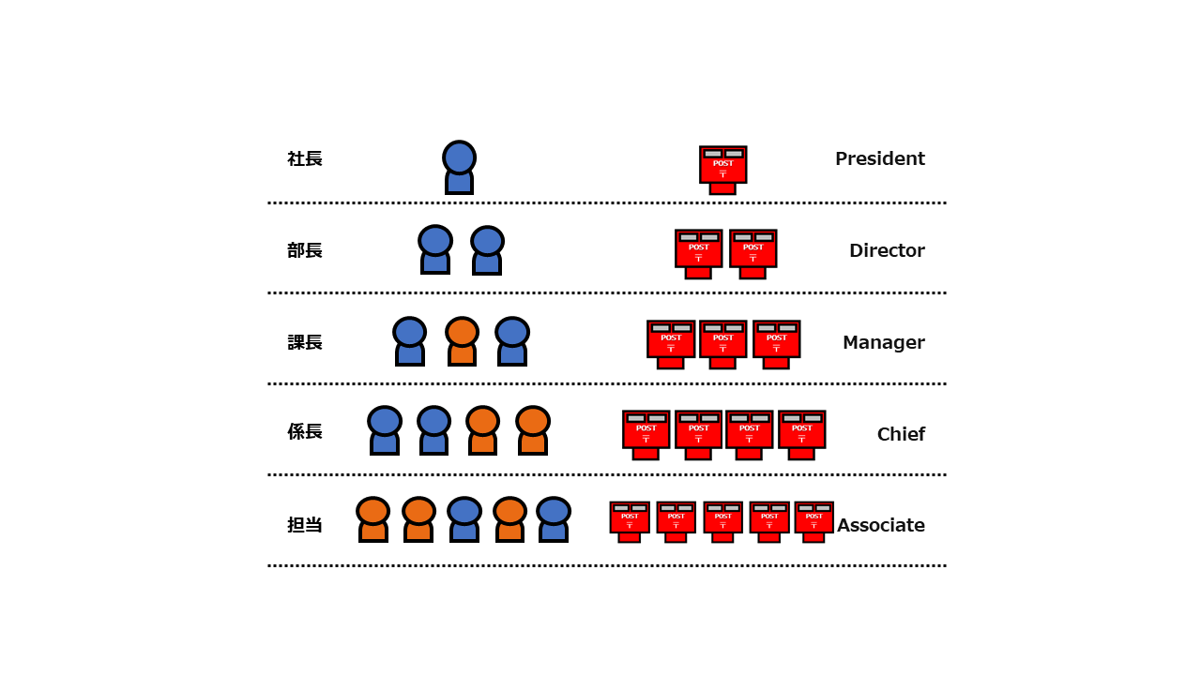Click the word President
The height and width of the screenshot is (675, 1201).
click(x=880, y=158)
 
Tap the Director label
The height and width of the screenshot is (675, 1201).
click(x=887, y=250)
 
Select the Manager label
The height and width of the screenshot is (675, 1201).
click(x=884, y=342)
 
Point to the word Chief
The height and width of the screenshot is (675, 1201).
click(x=901, y=434)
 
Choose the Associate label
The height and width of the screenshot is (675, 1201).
click(x=881, y=525)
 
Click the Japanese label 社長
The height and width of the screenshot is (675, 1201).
click(x=305, y=159)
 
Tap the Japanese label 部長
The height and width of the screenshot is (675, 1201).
click(x=305, y=250)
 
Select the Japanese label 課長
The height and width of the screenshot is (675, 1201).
click(x=305, y=342)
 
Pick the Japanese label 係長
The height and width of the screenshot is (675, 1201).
click(x=305, y=431)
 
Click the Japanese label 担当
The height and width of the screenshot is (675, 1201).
click(x=305, y=525)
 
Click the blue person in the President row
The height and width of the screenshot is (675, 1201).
click(x=460, y=167)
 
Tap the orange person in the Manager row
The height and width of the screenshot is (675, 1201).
click(x=462, y=341)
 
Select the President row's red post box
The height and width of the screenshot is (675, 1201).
click(x=722, y=170)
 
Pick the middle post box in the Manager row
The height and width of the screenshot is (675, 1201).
click(x=722, y=344)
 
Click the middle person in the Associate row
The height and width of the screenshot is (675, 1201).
click(x=464, y=519)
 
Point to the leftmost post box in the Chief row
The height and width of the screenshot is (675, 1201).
click(x=646, y=435)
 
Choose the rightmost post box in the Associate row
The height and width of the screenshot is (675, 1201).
click(x=813, y=522)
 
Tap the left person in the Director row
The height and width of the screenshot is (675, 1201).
click(x=435, y=249)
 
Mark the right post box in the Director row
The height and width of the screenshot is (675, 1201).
click(x=753, y=254)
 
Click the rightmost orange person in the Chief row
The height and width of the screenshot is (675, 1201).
click(x=533, y=430)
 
